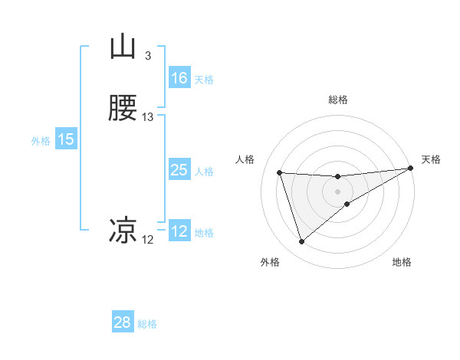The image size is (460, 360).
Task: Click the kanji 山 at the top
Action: point(123,47)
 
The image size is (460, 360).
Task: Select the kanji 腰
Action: point(123,109)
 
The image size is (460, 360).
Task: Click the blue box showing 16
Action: point(179,78)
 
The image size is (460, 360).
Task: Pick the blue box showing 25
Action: point(179,170)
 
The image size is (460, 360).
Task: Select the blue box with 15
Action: point(66,139)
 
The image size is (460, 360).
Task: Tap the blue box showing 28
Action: point(123,322)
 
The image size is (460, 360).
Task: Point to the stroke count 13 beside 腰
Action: point(148,117)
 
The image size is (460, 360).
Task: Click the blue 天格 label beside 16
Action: point(203,80)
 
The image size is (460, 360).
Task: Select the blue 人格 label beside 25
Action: point(204,172)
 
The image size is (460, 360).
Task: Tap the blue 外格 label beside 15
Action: point(40,141)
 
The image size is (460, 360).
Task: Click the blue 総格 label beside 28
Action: point(147,324)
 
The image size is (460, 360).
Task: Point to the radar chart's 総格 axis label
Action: point(338,100)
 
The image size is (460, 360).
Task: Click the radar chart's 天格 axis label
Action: point(431,159)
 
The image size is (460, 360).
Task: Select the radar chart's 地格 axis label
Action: point(402,262)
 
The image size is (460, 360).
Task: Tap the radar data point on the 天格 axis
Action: point(411,169)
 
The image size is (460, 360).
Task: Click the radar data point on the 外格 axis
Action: point(301,242)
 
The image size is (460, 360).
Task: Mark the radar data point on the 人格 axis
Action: point(280,173)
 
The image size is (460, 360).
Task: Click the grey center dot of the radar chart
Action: point(338,191)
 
